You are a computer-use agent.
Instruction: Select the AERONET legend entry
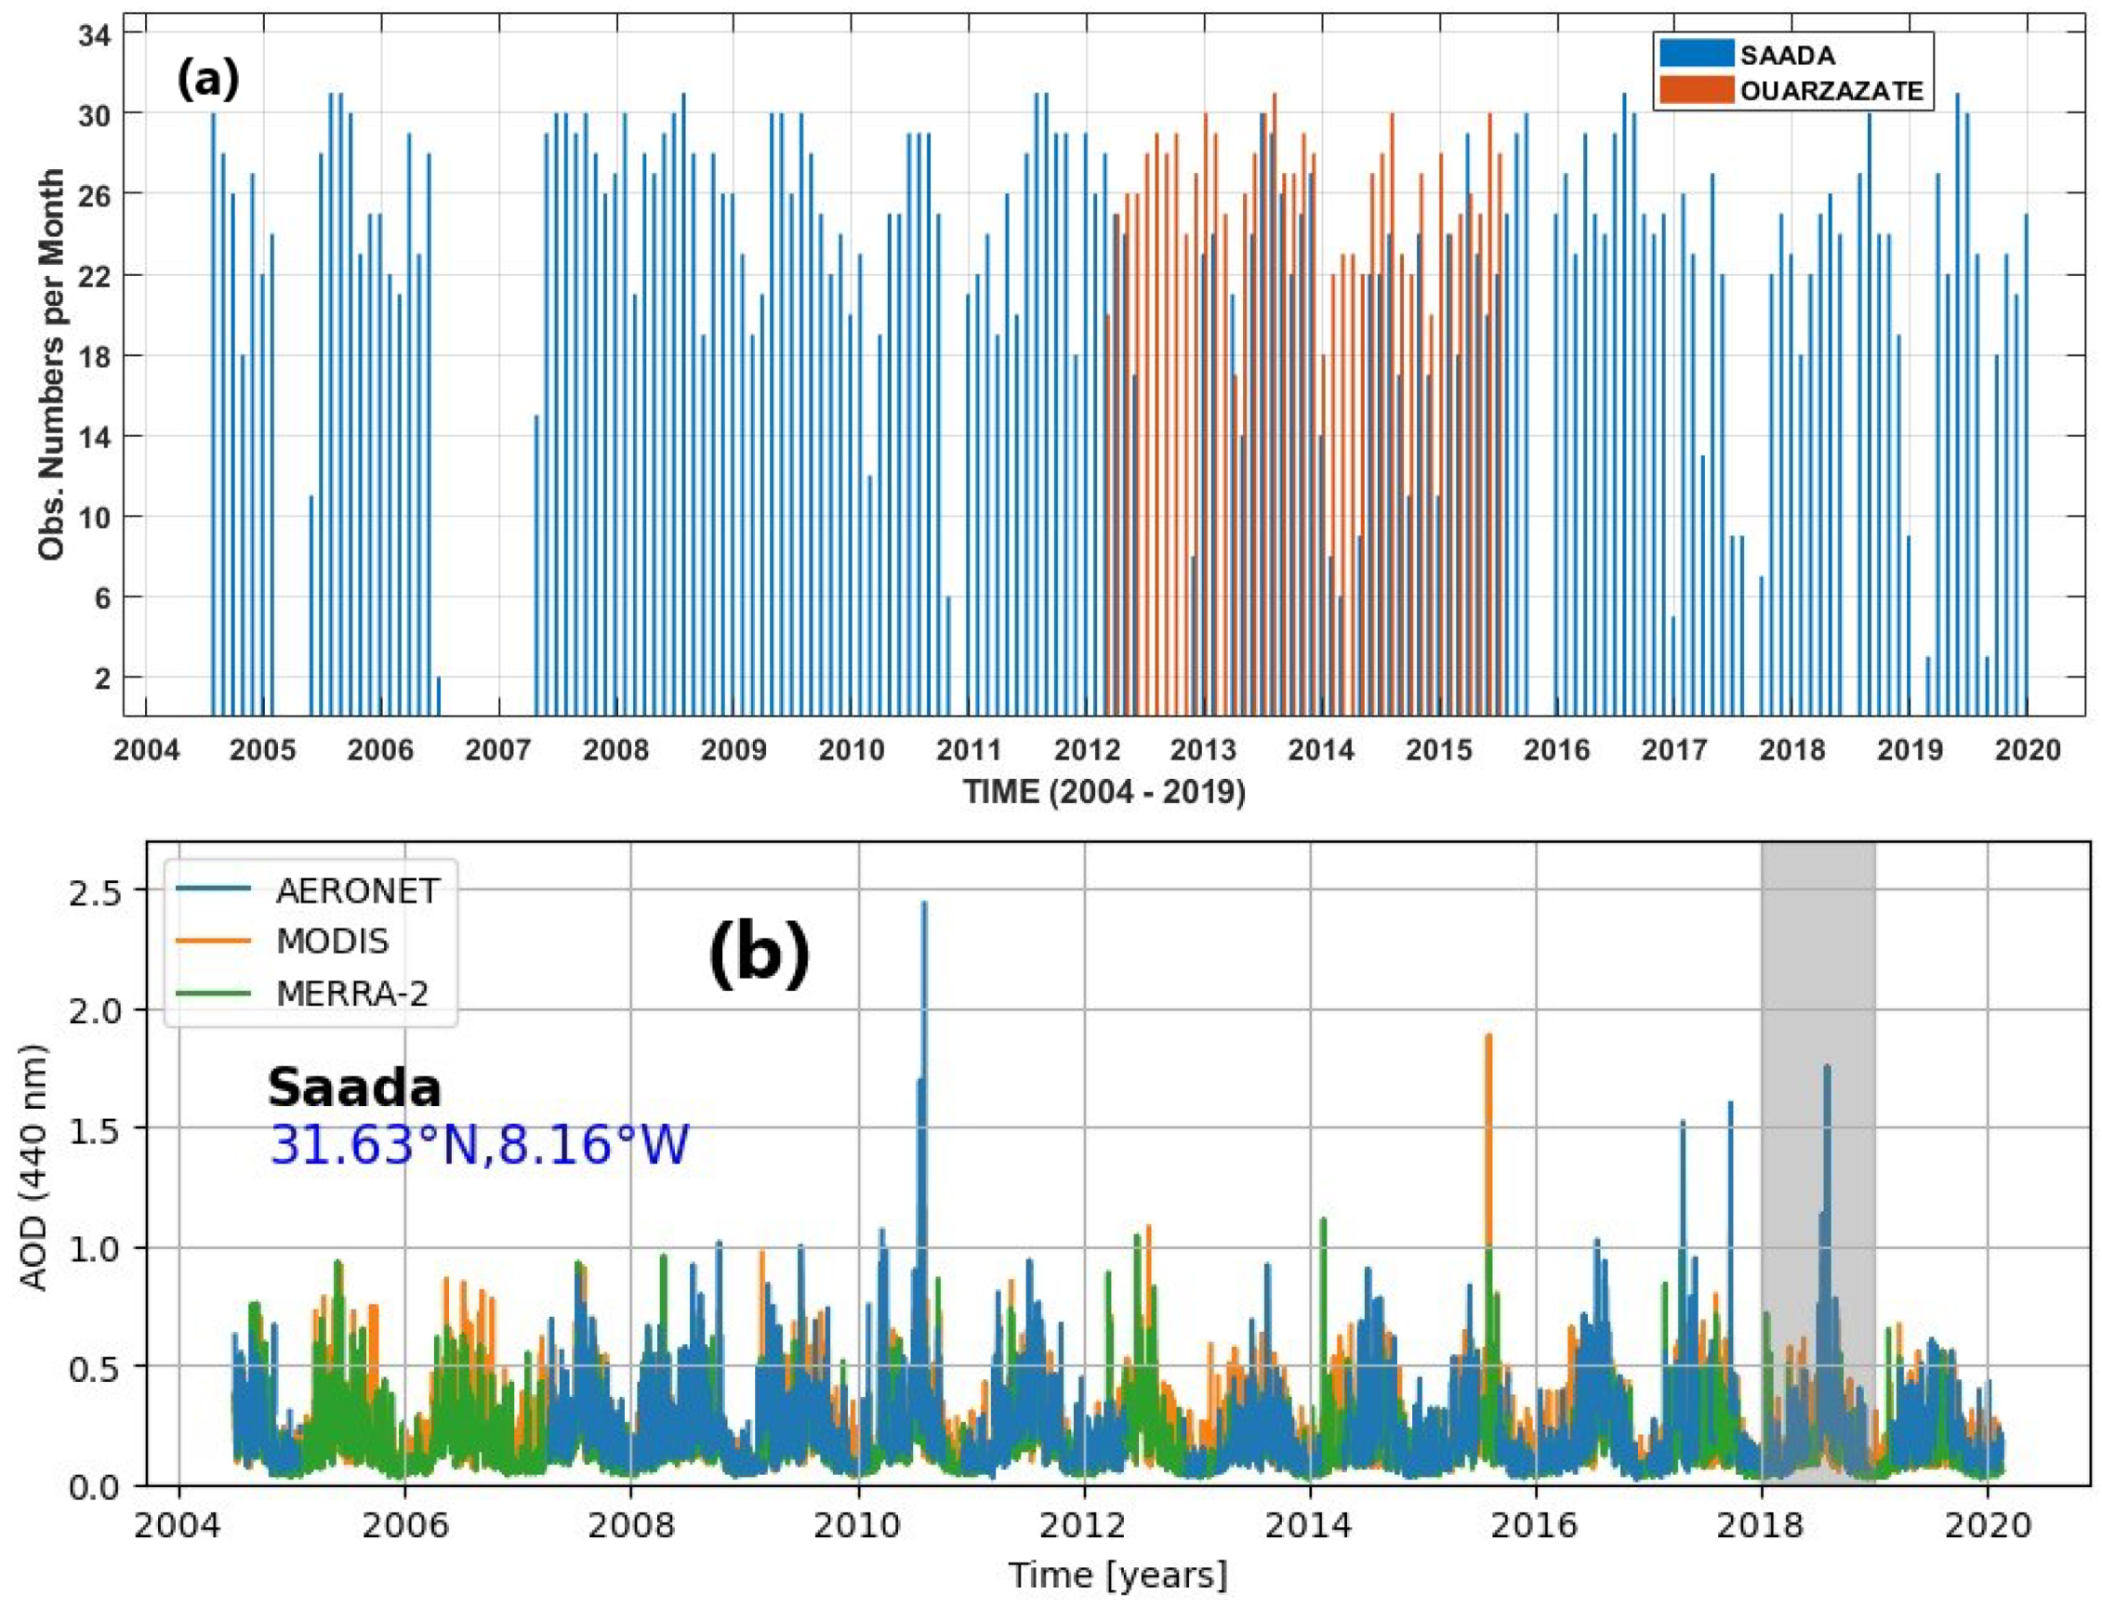[356, 890]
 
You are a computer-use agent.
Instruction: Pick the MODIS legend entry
[332, 942]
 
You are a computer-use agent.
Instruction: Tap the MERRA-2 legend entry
[351, 994]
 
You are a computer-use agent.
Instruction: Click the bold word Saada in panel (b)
[354, 1087]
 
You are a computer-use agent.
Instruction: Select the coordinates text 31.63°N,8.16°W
[479, 1145]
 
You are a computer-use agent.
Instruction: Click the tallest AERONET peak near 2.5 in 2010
[924, 904]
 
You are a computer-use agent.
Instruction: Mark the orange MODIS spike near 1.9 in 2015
[1487, 1037]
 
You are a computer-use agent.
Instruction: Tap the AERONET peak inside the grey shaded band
[1827, 1068]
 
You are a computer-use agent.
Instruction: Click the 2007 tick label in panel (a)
[498, 750]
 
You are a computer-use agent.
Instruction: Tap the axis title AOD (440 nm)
[34, 1167]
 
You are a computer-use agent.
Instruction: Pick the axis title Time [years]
[1117, 1574]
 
